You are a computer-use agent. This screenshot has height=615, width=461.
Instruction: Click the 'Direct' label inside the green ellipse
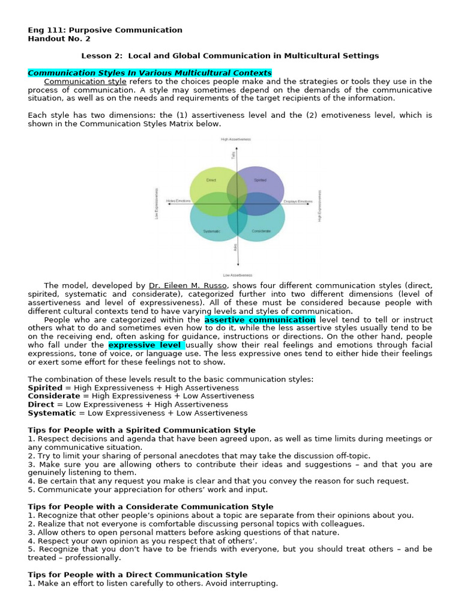click(211, 180)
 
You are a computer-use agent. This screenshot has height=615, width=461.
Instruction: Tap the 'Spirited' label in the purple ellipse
click(260, 180)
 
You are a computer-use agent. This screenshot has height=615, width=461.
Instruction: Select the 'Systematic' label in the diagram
click(211, 231)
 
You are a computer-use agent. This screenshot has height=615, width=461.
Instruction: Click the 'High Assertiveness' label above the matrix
click(236, 139)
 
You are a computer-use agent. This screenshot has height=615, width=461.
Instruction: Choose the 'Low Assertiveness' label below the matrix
click(238, 275)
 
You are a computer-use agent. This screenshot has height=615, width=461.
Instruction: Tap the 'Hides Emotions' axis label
click(178, 201)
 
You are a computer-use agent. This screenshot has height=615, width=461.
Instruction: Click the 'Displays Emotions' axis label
click(298, 201)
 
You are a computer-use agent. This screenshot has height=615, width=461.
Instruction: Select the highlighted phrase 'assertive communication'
click(259, 320)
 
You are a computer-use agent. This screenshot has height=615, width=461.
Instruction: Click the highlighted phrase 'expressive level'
click(146, 345)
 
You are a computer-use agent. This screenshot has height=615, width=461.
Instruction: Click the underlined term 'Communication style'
click(85, 82)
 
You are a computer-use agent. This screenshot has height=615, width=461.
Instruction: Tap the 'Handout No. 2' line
click(59, 38)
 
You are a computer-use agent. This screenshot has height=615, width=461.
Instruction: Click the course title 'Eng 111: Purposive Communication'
click(105, 30)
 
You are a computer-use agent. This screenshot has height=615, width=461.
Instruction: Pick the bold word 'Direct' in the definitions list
click(41, 405)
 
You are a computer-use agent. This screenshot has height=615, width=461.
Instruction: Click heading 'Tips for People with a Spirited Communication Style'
click(142, 430)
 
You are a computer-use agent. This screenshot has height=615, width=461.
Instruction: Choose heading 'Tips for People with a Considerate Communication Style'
click(151, 507)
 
